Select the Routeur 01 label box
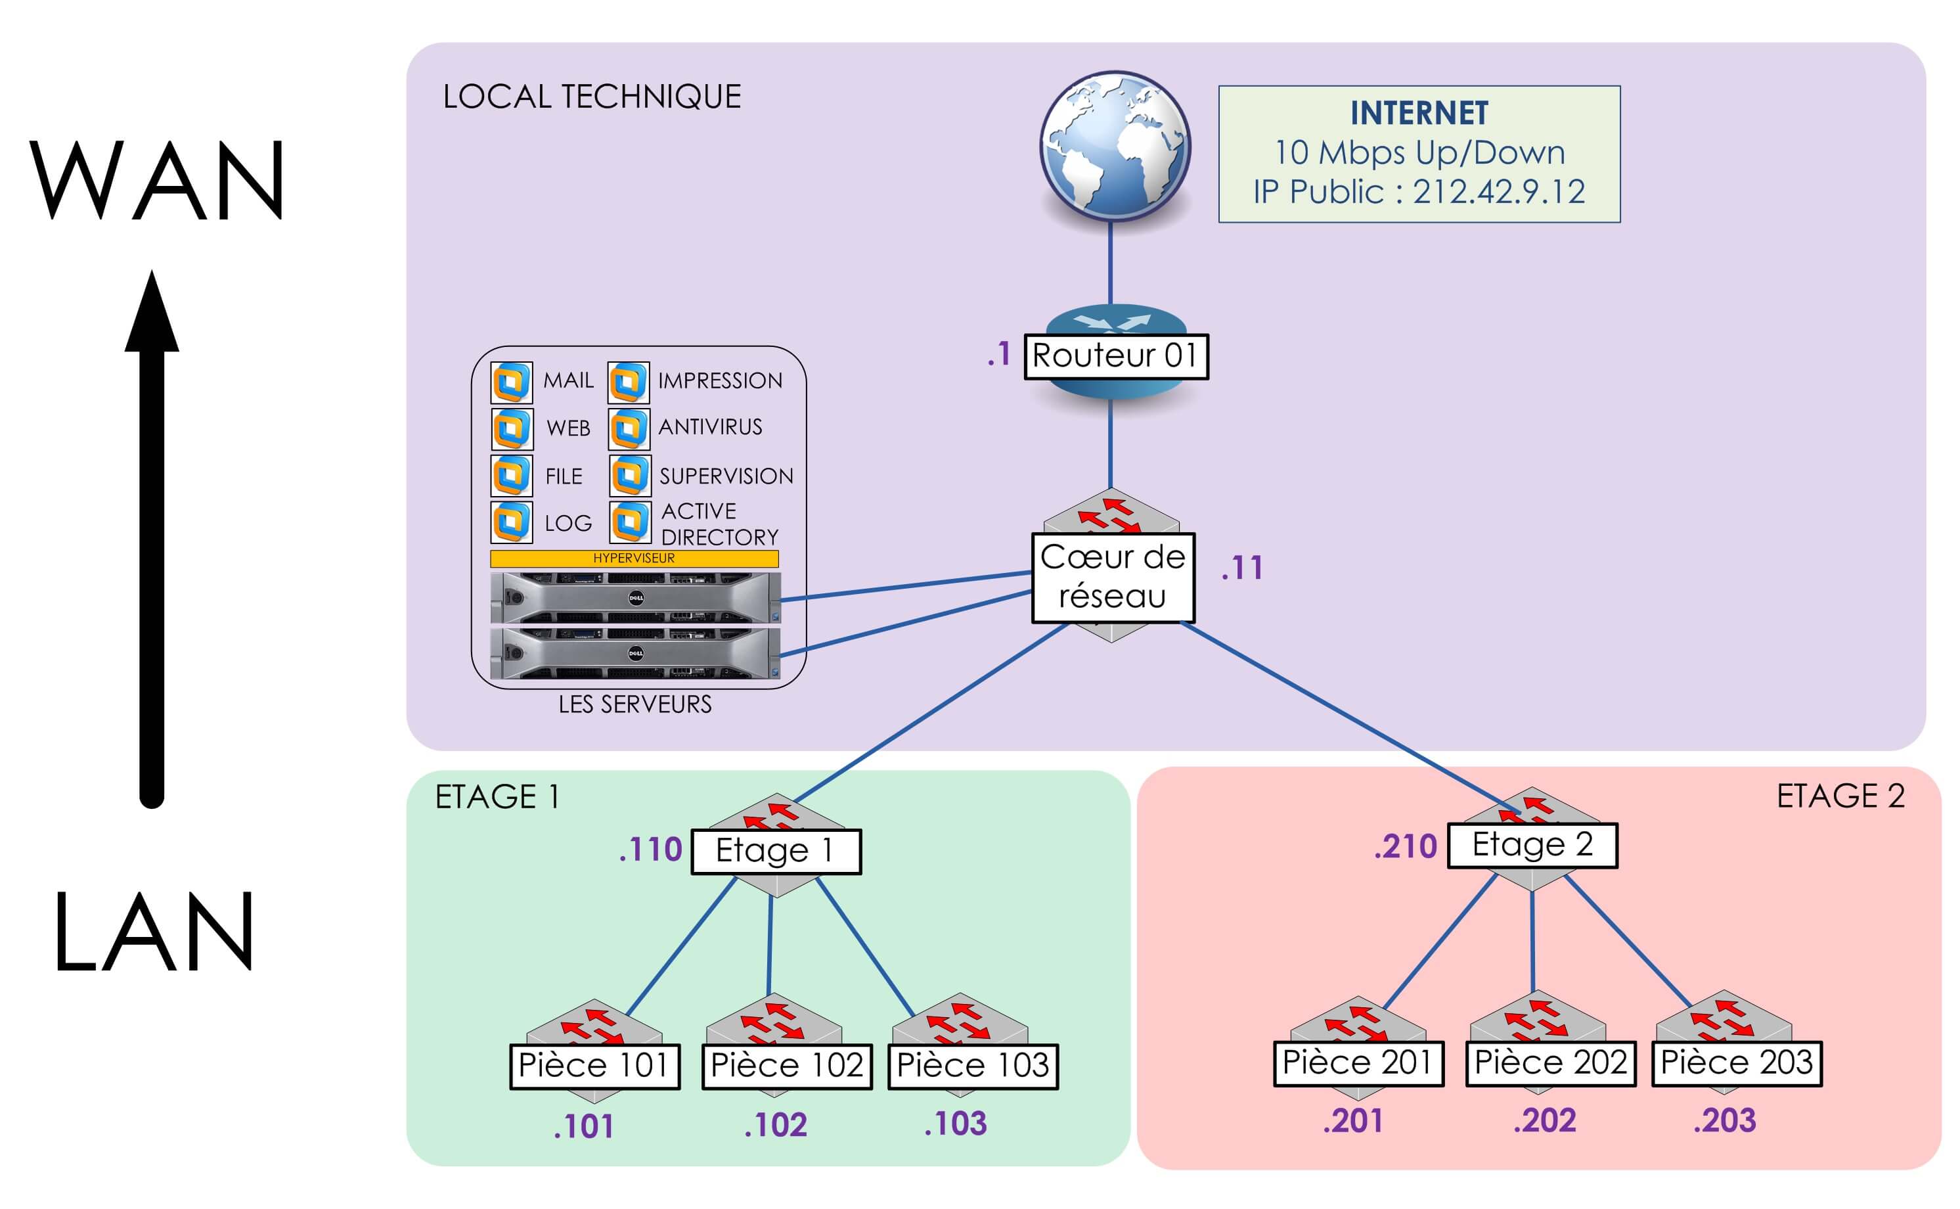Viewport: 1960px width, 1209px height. (1116, 356)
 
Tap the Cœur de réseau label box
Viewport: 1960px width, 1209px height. (1113, 578)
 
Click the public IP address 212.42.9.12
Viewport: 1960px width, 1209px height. (1499, 192)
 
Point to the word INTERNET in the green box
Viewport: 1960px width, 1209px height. (1419, 113)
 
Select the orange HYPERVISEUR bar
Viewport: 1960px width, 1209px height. (634, 558)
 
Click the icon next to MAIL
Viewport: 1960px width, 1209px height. (512, 382)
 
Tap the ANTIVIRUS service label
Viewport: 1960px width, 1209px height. (710, 427)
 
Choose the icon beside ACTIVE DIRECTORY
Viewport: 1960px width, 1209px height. (630, 522)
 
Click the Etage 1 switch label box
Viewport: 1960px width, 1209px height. (775, 851)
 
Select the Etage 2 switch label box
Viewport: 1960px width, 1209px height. (1532, 845)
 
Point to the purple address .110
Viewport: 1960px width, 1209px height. (650, 849)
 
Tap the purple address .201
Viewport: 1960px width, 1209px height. (1352, 1120)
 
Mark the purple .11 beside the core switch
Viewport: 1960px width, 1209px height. (1241, 568)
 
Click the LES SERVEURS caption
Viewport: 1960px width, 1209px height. (635, 704)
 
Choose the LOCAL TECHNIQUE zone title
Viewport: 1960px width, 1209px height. (592, 97)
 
